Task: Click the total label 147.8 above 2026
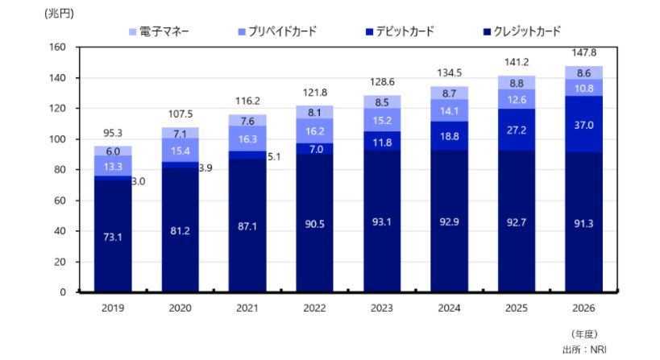583,52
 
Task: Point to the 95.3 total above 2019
112,132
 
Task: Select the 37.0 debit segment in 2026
583,126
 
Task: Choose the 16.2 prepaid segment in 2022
314,130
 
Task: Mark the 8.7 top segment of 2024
449,93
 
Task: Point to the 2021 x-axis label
247,307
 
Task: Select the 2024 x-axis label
449,307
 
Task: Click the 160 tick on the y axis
56,48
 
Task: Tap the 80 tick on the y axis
59,170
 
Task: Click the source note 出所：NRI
581,350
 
